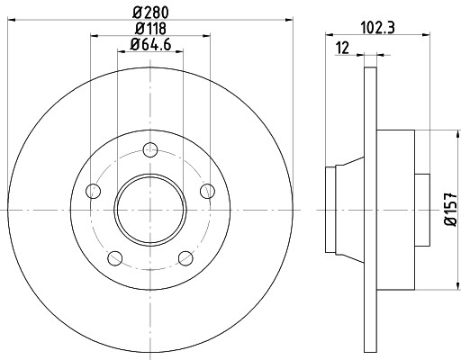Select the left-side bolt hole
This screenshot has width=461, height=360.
click(x=92, y=190)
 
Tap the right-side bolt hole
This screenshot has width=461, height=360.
click(x=208, y=190)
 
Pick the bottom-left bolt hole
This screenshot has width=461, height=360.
click(x=114, y=259)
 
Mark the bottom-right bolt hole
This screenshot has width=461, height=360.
click(x=185, y=259)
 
